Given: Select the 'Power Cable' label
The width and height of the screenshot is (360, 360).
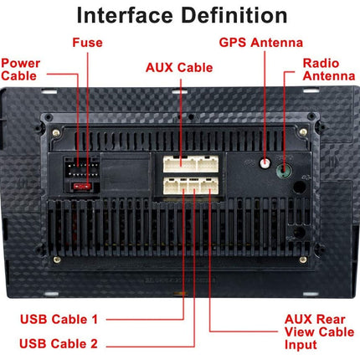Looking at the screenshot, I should click(18, 69).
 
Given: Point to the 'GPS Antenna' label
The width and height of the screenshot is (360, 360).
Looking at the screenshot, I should click(260, 42).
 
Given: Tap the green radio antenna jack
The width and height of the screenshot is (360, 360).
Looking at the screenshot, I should click(285, 168).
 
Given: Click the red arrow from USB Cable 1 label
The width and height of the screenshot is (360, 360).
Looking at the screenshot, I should click(142, 319).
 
